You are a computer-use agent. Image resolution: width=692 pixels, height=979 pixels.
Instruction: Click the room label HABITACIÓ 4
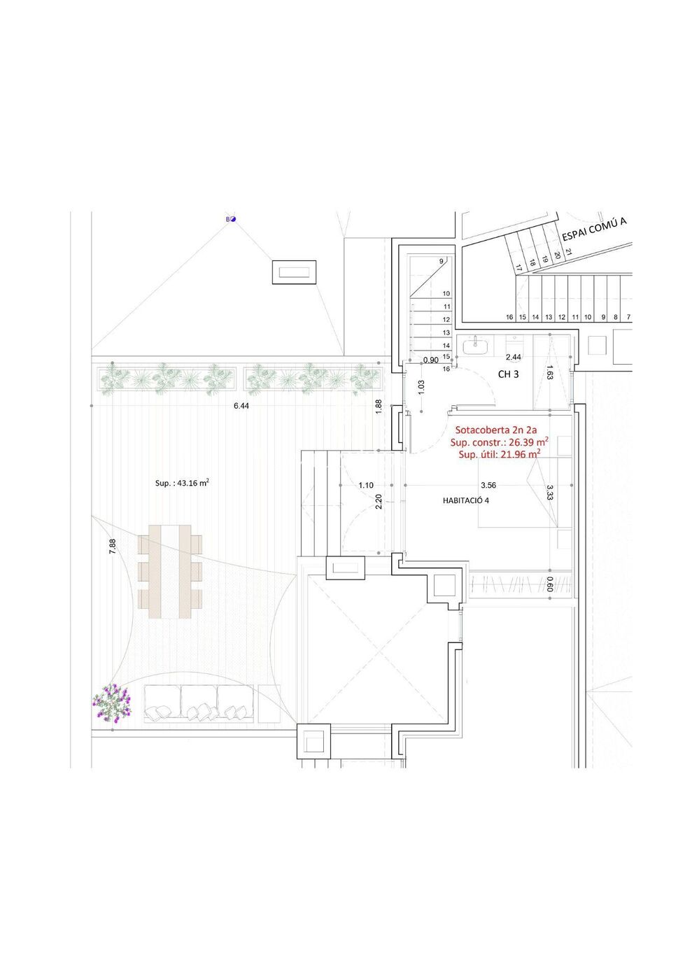point(466,500)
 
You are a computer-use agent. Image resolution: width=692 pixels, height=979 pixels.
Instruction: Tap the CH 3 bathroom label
point(509,374)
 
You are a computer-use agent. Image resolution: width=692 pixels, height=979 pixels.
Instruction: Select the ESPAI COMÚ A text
point(594,230)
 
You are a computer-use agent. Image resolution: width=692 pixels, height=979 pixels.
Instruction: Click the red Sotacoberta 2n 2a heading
point(496,430)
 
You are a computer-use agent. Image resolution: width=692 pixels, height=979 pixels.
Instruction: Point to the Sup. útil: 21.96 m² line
point(500,455)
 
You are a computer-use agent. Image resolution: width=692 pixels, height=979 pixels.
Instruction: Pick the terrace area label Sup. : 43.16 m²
point(182,483)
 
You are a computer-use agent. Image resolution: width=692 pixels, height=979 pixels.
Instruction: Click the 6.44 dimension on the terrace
point(241,406)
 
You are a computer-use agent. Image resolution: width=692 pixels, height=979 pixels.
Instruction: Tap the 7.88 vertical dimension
point(113,547)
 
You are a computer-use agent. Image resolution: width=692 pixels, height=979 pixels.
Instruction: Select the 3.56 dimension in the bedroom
point(488,485)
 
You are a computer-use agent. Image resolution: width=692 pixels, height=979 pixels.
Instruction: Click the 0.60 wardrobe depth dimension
point(549,584)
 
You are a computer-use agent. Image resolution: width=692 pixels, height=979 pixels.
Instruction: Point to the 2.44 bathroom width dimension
point(514,357)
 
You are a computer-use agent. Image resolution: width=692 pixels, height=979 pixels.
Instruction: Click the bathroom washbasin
point(475,346)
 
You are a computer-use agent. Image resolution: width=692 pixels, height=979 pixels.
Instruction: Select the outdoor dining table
point(170,572)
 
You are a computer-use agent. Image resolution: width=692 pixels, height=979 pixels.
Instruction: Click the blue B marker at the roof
point(231,219)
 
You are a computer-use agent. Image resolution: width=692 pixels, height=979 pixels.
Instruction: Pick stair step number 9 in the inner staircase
point(442,261)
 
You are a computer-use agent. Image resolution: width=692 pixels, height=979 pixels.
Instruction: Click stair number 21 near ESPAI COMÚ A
point(568,251)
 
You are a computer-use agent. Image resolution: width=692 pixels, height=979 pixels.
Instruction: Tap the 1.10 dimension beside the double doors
point(366,485)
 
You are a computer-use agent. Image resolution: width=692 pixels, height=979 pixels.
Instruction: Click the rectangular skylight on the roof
point(294,272)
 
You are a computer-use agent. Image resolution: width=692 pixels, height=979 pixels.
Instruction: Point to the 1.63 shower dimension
point(549,372)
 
